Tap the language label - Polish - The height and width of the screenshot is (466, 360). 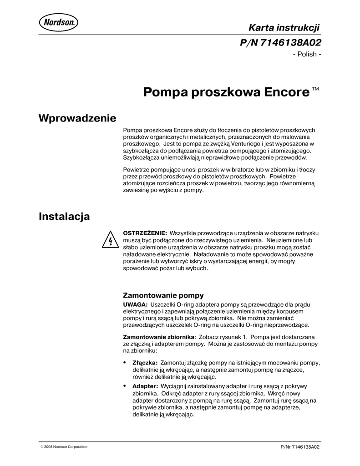(308, 55)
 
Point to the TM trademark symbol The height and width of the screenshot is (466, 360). (315, 89)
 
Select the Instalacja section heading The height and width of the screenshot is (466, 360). (64, 216)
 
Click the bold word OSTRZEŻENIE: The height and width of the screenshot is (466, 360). (145, 233)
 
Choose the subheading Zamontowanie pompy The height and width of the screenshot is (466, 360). (163, 294)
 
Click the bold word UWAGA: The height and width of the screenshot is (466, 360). (136, 304)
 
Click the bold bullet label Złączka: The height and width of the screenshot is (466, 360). (145, 363)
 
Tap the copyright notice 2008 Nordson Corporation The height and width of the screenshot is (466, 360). (64, 446)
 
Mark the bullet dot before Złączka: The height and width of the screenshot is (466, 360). (125, 363)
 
